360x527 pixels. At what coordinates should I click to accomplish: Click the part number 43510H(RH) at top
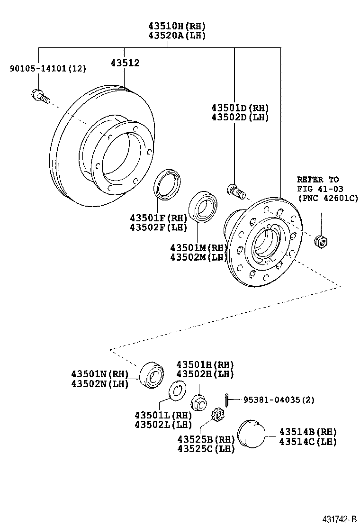(177, 26)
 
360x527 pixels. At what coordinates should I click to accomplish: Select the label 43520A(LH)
(177, 36)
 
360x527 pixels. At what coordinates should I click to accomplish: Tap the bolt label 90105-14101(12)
(48, 69)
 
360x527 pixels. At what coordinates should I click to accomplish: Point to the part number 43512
(125, 63)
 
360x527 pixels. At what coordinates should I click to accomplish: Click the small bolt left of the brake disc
(40, 96)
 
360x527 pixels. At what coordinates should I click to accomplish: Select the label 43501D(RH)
(240, 107)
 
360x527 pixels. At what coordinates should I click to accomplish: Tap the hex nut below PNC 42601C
(321, 241)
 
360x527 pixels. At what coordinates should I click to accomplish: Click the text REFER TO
(318, 180)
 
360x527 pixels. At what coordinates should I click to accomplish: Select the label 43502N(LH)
(100, 384)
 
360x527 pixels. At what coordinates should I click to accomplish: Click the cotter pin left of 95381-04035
(228, 400)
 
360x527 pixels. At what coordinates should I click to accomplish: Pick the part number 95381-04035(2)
(279, 400)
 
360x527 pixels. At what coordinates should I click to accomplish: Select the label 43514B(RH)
(307, 432)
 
